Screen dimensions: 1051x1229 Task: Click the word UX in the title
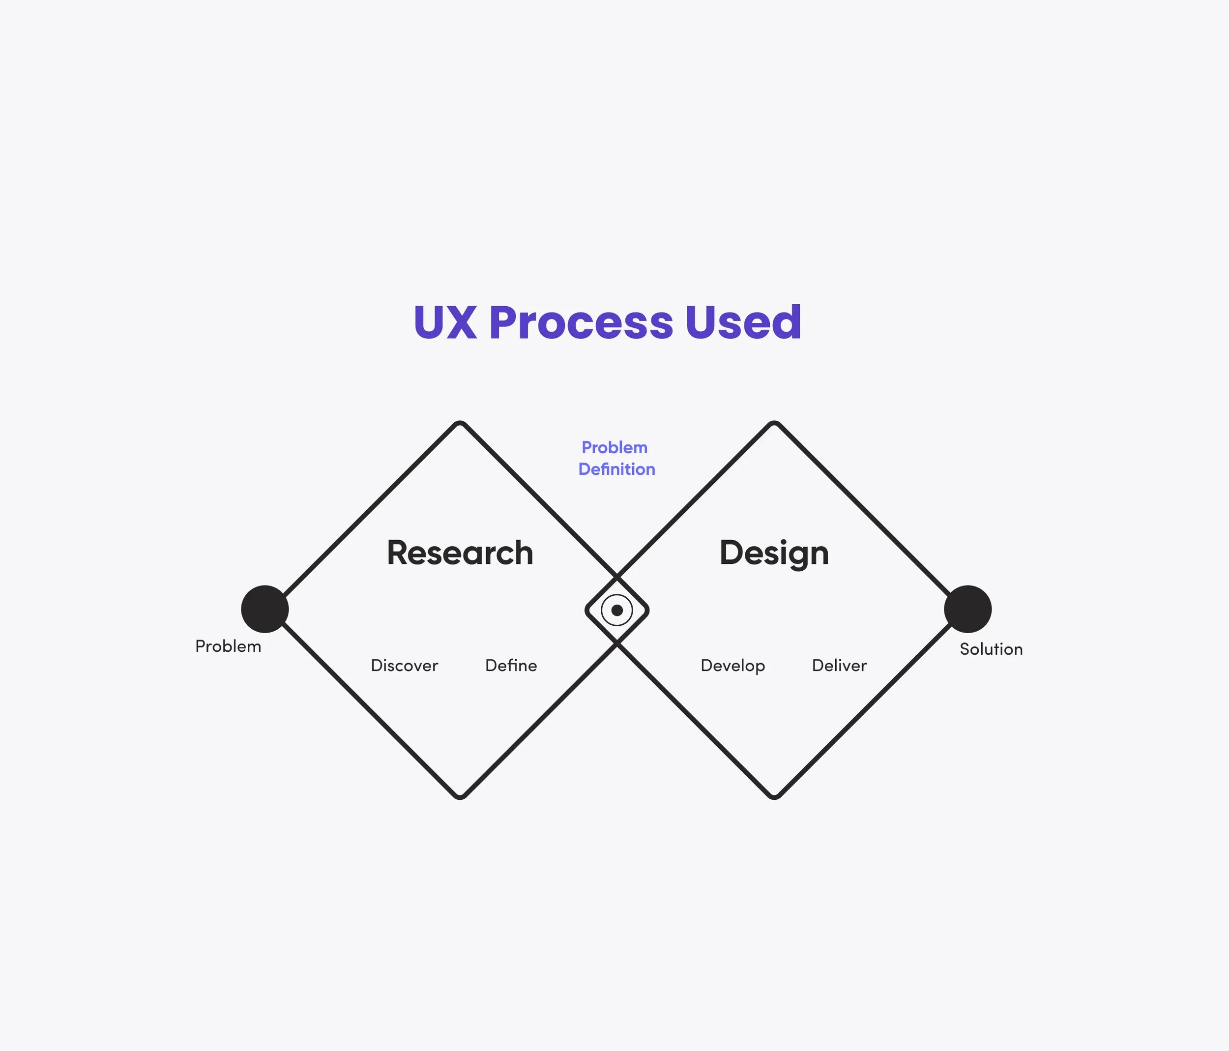(x=445, y=323)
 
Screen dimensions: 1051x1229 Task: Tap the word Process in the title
(x=581, y=323)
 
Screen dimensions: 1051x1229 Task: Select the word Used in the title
(x=743, y=323)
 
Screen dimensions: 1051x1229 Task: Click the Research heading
(x=460, y=553)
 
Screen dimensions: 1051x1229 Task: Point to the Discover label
(x=404, y=666)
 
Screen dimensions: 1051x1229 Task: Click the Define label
(x=511, y=666)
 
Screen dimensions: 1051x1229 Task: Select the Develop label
(x=732, y=666)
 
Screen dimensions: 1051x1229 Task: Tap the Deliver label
(x=839, y=666)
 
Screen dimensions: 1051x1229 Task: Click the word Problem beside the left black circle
(x=228, y=646)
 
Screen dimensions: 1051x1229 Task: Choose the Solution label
(x=991, y=649)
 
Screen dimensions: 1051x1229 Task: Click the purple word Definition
(x=616, y=469)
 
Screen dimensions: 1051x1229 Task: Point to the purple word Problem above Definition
(x=614, y=448)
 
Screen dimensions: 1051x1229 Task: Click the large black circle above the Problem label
(x=264, y=609)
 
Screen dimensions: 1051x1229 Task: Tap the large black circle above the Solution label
(x=967, y=609)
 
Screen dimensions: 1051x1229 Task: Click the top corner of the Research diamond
(x=460, y=423)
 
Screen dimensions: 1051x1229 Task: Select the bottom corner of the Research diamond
(x=460, y=796)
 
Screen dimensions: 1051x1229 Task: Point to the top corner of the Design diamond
(x=774, y=423)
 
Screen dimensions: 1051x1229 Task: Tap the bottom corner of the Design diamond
(x=774, y=796)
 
